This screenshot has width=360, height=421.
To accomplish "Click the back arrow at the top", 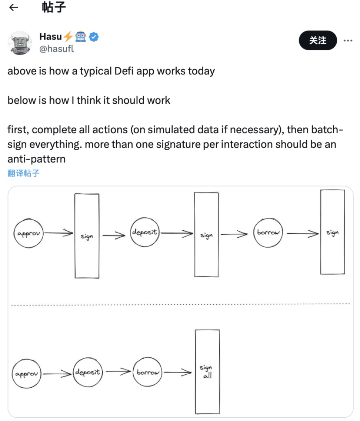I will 14,8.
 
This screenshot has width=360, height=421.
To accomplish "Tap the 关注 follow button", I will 318,40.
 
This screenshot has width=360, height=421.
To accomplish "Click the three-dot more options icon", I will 348,41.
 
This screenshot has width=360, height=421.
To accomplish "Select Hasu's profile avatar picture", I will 20,43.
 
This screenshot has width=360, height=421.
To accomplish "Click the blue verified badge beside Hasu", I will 94,36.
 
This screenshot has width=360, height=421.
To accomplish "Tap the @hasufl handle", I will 56,49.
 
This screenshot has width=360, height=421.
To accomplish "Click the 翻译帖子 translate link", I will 23,173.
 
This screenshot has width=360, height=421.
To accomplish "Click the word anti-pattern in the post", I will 36,159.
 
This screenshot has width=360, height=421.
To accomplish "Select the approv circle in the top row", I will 29,234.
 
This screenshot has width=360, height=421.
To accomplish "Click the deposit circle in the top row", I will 144,233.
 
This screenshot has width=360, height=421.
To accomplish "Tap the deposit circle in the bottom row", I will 87,372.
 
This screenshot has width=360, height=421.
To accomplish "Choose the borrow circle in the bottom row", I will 148,372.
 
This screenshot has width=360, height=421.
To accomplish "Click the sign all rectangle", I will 207,371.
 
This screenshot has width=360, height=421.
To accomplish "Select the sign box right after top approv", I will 87,235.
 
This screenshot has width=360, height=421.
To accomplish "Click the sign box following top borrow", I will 332,232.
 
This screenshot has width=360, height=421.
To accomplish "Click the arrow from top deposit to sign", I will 177,233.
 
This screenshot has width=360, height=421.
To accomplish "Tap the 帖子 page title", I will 54,7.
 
